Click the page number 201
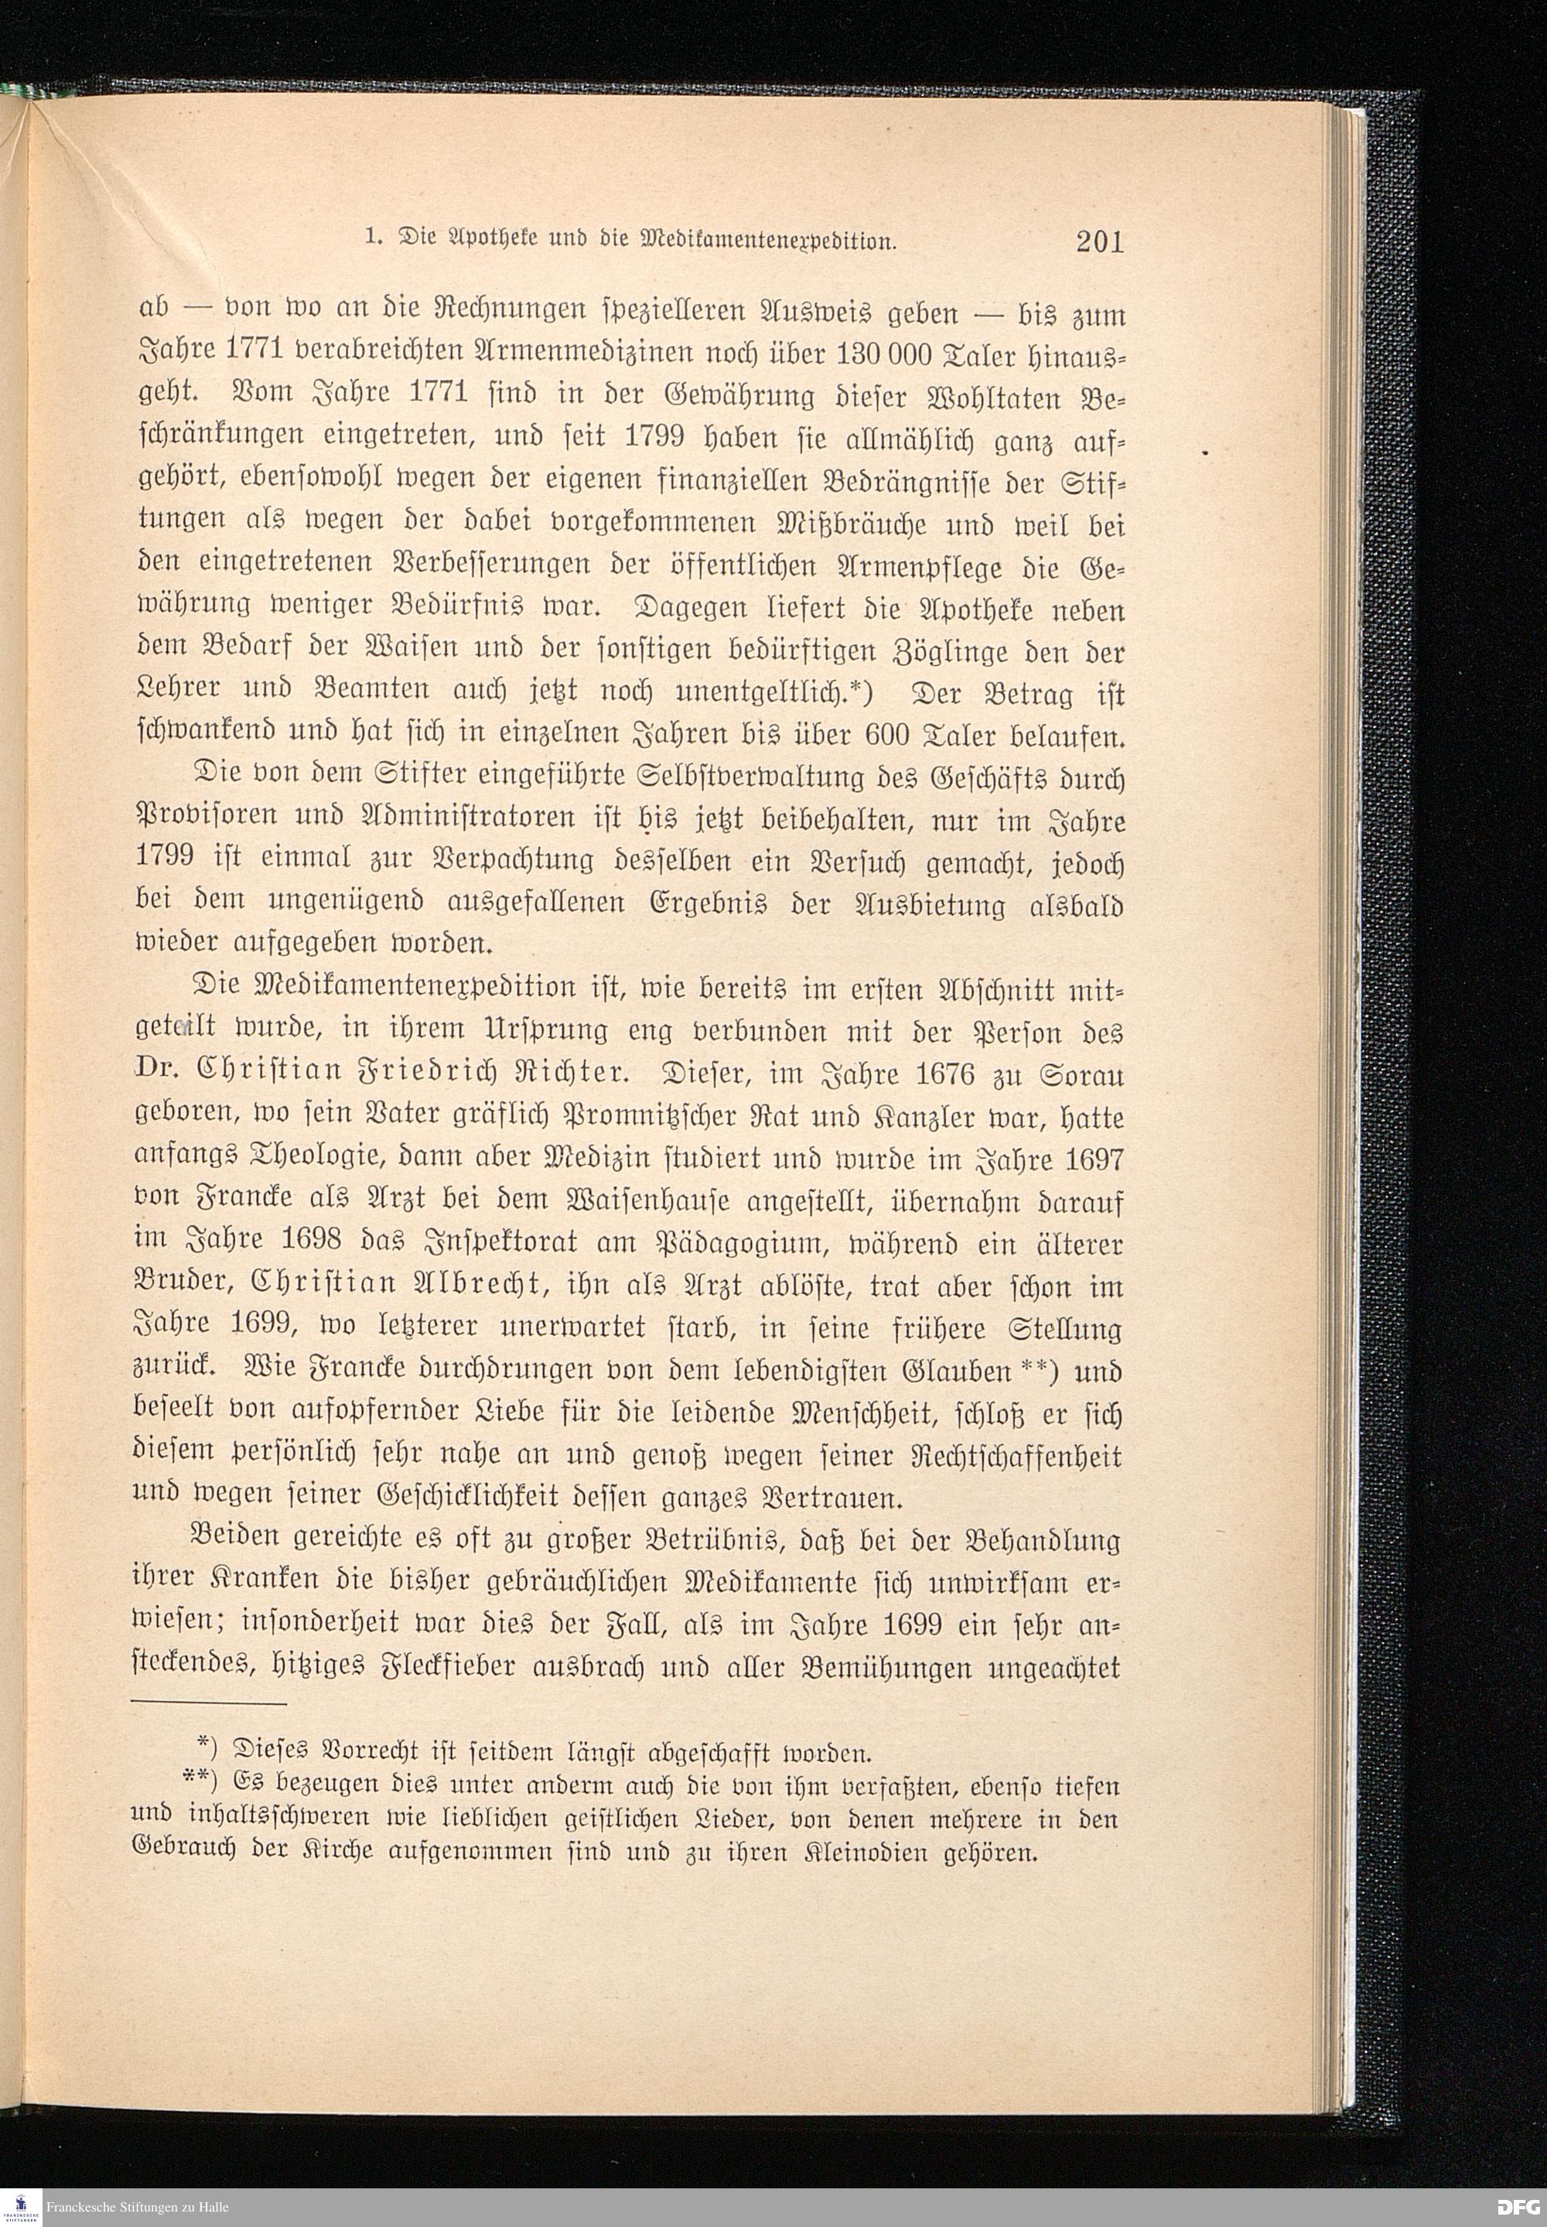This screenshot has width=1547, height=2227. pyautogui.click(x=1098, y=241)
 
